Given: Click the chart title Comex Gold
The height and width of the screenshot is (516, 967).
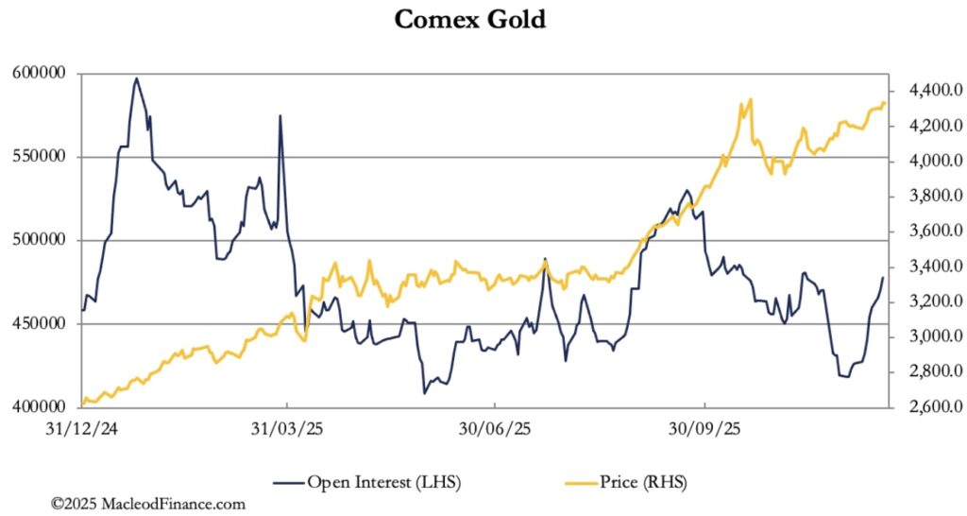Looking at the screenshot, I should click(x=469, y=19).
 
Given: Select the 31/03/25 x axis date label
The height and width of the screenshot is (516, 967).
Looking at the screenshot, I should click(x=288, y=428).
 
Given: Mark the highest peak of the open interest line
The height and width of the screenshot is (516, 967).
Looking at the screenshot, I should click(x=137, y=78).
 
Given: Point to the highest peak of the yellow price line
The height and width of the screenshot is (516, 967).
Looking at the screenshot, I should click(x=750, y=99).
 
